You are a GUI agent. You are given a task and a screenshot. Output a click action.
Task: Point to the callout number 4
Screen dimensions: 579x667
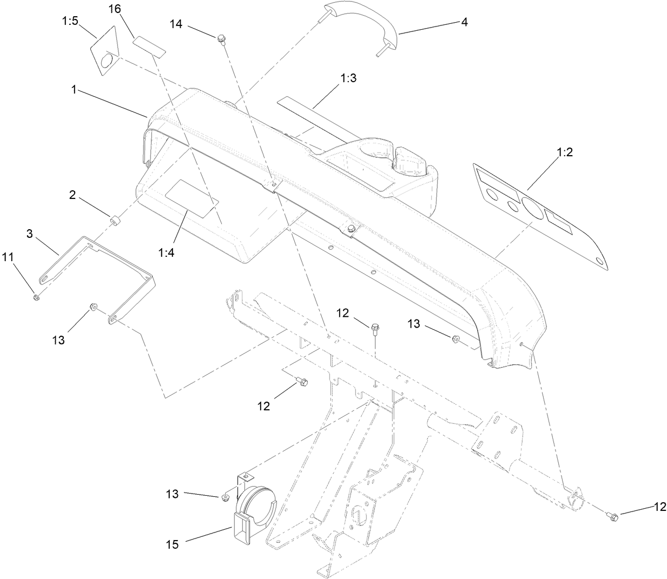tap(464, 22)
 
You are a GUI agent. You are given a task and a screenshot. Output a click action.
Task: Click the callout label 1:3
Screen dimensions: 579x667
tap(348, 78)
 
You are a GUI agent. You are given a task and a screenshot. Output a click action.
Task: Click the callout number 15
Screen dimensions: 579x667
tap(173, 544)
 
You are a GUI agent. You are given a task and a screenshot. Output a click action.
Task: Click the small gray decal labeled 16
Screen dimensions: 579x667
tap(149, 44)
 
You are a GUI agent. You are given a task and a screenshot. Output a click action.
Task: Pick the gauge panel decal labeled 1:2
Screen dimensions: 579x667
tap(541, 214)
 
